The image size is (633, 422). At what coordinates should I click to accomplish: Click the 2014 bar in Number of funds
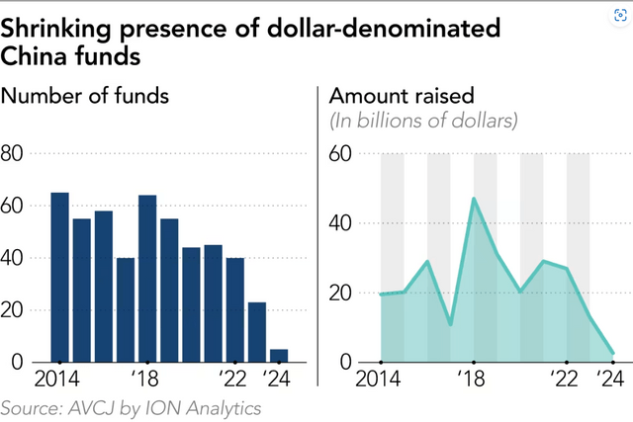click(59, 277)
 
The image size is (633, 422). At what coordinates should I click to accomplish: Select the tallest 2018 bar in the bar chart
click(147, 279)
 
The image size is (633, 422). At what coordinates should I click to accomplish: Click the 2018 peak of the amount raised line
click(474, 199)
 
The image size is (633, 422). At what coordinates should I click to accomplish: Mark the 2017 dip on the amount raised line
click(450, 324)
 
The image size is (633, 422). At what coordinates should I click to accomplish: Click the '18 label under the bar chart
click(146, 380)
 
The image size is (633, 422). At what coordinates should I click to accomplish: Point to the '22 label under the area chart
click(564, 380)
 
